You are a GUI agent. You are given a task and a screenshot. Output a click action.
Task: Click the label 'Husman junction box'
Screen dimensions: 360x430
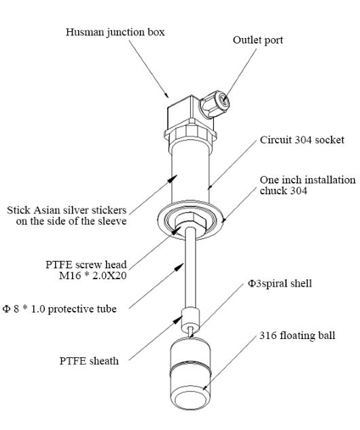[115, 33]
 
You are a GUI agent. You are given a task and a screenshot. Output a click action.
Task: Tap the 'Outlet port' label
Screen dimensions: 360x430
[257, 40]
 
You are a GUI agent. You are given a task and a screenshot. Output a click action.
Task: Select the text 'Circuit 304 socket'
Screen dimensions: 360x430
[302, 140]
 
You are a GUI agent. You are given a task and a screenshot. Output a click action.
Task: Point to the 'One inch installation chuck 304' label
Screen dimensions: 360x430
[308, 185]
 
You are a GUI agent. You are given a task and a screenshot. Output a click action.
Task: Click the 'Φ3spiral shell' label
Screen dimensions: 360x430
[280, 283]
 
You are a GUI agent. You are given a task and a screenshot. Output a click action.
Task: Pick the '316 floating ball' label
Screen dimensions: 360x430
[298, 336]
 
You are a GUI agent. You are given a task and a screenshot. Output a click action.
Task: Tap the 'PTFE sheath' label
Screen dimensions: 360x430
[89, 361]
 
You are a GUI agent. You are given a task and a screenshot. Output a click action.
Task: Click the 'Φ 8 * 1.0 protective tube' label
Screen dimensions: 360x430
[60, 309]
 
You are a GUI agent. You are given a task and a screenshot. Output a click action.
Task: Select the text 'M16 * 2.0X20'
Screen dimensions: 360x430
[92, 276]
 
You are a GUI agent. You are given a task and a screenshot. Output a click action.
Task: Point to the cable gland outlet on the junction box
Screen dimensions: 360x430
[215, 104]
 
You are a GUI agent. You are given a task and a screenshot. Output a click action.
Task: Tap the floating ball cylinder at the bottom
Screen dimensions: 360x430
[191, 373]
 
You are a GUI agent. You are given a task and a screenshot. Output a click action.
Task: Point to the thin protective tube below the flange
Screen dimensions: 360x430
[191, 269]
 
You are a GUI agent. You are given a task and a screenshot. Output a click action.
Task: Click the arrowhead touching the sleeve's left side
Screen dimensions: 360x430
[173, 178]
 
